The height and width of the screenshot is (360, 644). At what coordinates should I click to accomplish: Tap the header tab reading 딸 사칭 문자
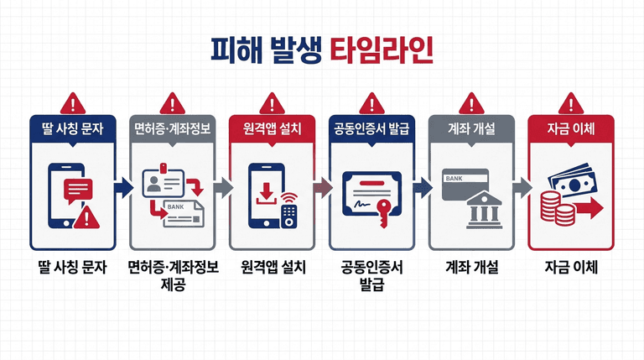coord(72,128)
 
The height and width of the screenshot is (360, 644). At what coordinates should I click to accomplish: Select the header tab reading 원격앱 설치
coord(272,128)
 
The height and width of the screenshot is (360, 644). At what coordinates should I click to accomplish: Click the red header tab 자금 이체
coord(570,128)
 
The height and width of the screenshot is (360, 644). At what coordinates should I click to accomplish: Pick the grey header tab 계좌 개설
coord(470,128)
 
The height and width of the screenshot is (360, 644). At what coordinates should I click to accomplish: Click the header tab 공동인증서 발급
coord(371,128)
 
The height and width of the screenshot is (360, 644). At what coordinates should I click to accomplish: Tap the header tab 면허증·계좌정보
coord(172,128)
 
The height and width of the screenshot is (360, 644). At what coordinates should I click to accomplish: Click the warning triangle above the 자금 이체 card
coord(570,103)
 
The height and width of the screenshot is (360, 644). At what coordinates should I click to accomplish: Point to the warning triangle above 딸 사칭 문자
coord(72,103)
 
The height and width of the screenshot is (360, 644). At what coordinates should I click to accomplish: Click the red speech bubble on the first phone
coord(77,190)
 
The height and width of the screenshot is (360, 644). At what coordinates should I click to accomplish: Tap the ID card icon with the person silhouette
coord(158,183)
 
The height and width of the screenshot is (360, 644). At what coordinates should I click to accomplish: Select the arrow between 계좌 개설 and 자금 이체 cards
coord(521,187)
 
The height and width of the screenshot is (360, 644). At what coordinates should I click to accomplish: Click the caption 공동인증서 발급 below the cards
coord(371,276)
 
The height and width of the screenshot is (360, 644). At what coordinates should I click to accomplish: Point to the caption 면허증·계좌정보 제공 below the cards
coord(173,276)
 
